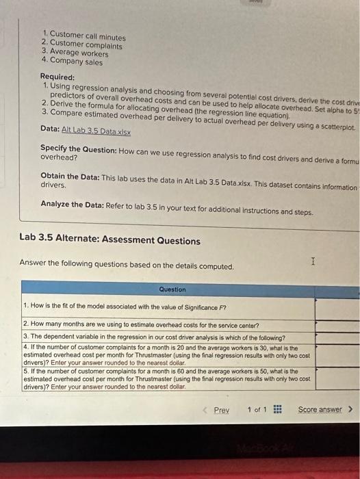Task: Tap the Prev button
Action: pyautogui.click(x=220, y=410)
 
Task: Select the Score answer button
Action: pyautogui.click(x=322, y=409)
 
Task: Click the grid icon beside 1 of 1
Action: pyautogui.click(x=277, y=410)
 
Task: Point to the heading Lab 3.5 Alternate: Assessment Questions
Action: pyautogui.click(x=110, y=241)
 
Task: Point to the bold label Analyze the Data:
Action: pyautogui.click(x=73, y=204)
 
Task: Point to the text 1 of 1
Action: pyautogui.click(x=257, y=410)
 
